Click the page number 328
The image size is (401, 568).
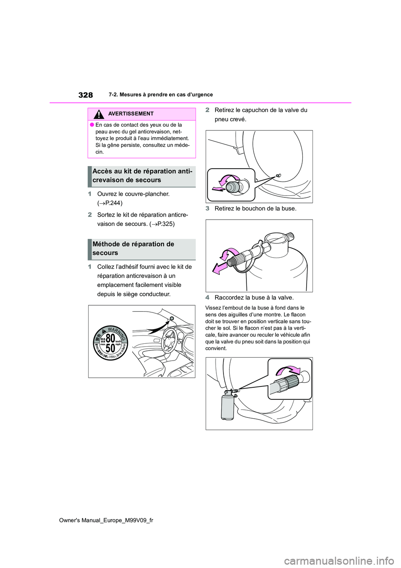(86, 95)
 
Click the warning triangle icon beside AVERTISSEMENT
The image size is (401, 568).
(99, 114)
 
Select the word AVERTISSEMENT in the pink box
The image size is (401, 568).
(131, 114)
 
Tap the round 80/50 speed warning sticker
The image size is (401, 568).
(110, 343)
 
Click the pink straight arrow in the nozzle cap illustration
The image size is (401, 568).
(220, 267)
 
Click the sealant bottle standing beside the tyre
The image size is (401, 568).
(228, 406)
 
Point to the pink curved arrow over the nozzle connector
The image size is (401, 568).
(289, 369)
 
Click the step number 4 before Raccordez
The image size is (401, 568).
(208, 298)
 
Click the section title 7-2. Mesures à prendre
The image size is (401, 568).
(161, 95)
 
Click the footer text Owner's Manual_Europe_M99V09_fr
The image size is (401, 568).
(106, 520)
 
